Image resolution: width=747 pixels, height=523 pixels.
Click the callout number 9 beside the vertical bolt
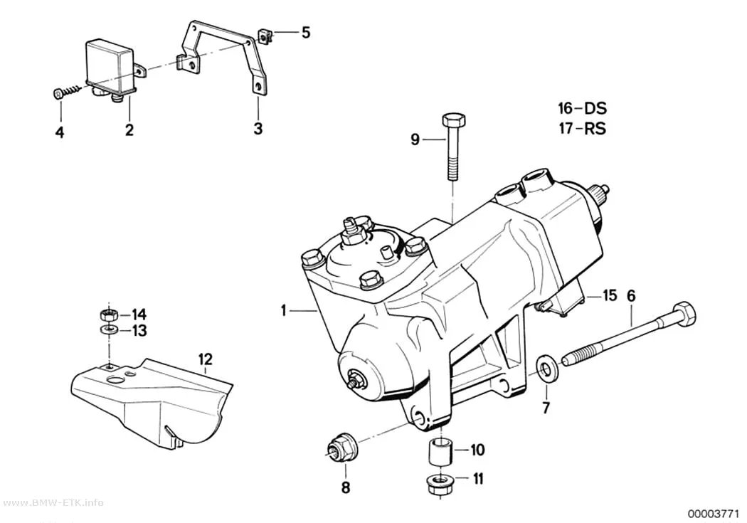pos(415,139)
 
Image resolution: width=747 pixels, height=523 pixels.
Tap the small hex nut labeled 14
pos(109,315)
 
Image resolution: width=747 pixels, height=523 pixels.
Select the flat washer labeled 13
pos(109,329)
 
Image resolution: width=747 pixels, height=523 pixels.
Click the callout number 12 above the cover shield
pos(206,359)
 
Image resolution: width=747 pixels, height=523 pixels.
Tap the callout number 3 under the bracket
pos(258,128)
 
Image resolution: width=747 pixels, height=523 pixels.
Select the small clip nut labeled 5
pos(266,36)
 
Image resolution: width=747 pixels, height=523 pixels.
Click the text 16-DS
pos(583,109)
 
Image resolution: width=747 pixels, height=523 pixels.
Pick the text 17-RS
pos(583,129)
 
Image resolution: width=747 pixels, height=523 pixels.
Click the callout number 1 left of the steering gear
pos(284,310)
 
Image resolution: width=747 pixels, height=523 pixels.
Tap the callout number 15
pos(609,295)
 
